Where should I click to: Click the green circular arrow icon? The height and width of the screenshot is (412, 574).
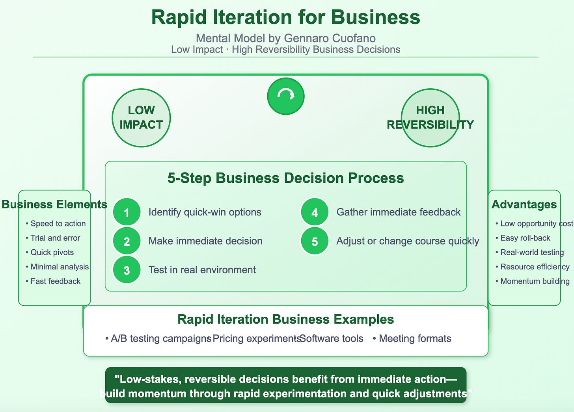coord(286,96)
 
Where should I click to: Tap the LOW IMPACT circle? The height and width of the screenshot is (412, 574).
coord(141,118)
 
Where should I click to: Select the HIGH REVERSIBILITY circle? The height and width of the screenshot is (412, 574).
coord(430,118)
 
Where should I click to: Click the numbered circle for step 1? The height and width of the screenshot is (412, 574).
coord(127,212)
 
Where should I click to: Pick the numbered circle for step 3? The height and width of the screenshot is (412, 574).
coord(127,270)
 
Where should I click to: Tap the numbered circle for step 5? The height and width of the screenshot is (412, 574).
coord(315,241)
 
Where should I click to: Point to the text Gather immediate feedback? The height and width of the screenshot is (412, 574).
coord(399,212)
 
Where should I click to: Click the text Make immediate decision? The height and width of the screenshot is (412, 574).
coord(205,241)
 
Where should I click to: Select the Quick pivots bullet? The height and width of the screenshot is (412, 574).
coord(50,252)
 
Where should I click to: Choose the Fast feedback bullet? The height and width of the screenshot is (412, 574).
coord(53,281)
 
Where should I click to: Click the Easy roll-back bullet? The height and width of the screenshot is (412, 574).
coord(523,238)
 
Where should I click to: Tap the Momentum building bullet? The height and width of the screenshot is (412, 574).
coord(533,281)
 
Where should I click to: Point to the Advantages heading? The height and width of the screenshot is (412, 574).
coord(524,204)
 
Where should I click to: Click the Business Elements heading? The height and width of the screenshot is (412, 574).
coord(54,204)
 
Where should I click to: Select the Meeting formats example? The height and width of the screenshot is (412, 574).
coord(412,338)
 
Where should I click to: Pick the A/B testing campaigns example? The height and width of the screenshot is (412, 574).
coord(158,338)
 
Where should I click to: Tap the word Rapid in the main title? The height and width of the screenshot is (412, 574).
coord(179,17)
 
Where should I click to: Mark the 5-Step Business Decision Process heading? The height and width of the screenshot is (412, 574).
coord(286,178)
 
